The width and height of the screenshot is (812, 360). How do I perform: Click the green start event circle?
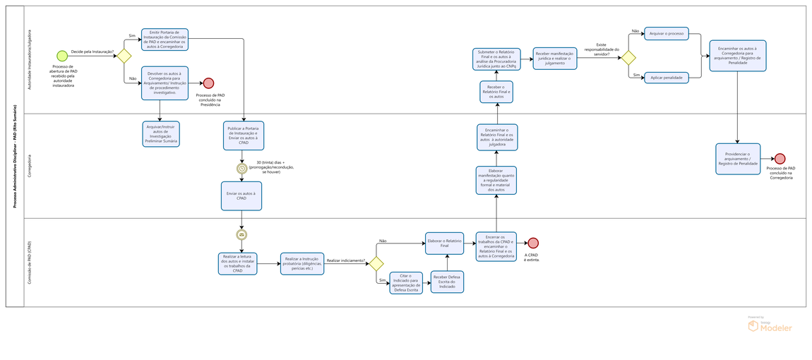point(62,56)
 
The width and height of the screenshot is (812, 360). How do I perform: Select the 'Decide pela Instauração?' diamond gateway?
point(124,56)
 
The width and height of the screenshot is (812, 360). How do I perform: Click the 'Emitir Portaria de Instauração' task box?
point(165,40)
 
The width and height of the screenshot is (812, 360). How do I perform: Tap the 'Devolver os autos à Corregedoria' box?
point(165,83)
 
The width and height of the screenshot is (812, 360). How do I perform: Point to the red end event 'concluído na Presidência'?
point(208,83)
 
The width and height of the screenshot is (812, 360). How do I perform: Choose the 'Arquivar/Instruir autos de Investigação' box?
point(161,133)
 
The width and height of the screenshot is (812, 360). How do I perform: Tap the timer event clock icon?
point(241,169)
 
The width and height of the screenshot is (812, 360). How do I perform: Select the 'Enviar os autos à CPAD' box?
point(241,196)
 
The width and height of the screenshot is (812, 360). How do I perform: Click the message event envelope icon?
point(241,235)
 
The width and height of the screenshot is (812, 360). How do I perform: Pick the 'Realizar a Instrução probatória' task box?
point(302,263)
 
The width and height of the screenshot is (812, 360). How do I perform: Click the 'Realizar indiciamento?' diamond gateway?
point(376,263)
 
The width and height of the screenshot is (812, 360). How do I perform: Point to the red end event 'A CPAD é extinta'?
point(533,244)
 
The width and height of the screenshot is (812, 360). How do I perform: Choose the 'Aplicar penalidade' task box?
point(666,77)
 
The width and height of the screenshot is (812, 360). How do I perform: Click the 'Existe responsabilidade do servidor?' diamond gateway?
point(628,58)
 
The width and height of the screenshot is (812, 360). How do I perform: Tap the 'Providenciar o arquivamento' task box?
point(738,159)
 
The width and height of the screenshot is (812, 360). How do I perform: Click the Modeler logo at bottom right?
point(770,325)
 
